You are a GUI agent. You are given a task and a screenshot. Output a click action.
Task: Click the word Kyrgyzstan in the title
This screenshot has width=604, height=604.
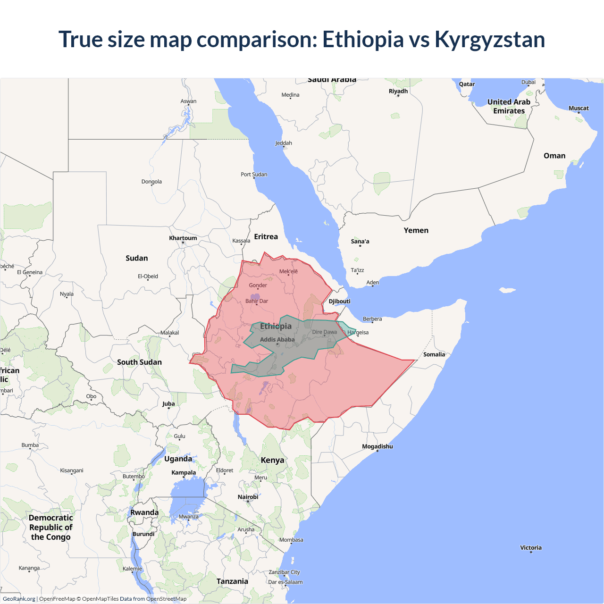(x=489, y=39)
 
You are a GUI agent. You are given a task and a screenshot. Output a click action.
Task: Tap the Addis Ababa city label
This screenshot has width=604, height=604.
(x=277, y=339)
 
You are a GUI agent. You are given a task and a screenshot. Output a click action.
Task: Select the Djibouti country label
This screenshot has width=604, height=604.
(x=339, y=301)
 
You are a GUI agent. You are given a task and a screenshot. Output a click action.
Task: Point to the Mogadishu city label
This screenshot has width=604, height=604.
(x=377, y=446)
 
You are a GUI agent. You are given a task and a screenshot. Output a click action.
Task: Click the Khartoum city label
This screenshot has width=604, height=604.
(x=183, y=238)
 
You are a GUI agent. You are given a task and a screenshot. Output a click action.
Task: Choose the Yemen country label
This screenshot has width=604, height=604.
(x=416, y=230)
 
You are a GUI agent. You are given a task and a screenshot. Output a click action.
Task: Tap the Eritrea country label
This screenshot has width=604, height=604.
(x=266, y=236)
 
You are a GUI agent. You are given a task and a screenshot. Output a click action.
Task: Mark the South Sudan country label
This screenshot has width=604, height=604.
(x=139, y=362)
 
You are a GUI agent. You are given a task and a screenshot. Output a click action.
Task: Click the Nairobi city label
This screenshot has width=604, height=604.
(x=248, y=497)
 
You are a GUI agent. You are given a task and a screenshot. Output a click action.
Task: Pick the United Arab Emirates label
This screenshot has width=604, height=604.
(x=509, y=106)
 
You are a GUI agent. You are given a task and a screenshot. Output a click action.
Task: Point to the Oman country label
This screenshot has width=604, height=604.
(x=554, y=156)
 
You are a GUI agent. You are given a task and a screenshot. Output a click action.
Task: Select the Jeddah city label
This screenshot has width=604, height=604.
(x=284, y=143)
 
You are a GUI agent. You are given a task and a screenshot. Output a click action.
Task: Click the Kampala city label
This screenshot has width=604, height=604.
(x=184, y=472)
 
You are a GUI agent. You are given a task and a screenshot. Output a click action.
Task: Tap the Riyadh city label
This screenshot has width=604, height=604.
(x=398, y=91)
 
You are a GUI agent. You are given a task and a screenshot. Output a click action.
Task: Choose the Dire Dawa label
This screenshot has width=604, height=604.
(x=325, y=332)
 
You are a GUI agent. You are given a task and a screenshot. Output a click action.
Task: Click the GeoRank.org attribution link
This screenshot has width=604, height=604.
(x=19, y=599)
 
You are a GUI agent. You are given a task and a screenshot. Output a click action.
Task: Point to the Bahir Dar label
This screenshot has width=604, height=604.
(x=256, y=301)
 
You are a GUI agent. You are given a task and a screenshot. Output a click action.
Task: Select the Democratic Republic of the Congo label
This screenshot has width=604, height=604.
(x=50, y=527)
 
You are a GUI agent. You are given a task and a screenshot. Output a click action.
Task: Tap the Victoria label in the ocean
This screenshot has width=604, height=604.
(x=531, y=548)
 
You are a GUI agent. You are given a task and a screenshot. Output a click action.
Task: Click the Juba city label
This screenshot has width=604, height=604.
(x=168, y=403)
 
